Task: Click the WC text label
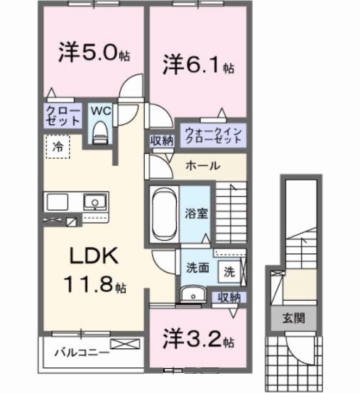click(99, 111)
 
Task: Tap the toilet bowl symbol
click(99, 131)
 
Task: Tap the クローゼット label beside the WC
click(63, 116)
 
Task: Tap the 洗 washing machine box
click(229, 270)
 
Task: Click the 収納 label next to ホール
click(160, 140)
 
